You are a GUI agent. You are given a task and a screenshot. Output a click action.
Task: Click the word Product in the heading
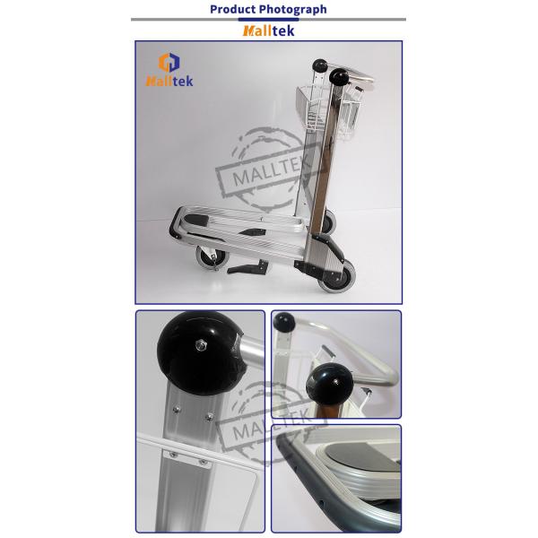(x=233, y=9)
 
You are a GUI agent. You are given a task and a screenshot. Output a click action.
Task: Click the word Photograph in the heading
(x=293, y=10)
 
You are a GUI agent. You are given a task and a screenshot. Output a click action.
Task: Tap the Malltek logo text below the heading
(x=268, y=30)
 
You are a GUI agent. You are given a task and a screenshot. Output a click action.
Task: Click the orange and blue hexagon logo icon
(x=169, y=63)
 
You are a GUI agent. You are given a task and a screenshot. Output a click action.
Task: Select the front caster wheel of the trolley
(x=212, y=257)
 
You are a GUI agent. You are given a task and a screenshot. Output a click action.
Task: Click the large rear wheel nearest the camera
(x=336, y=276)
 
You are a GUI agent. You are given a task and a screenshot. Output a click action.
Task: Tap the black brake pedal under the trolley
(x=247, y=267)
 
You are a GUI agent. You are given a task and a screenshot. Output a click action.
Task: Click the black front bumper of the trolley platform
(x=176, y=223)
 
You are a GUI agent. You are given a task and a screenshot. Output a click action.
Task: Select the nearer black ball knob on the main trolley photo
(x=339, y=77)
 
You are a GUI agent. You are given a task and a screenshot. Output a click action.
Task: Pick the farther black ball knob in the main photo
(x=320, y=65)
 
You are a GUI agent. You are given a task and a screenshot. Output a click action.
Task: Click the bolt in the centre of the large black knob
(x=201, y=345)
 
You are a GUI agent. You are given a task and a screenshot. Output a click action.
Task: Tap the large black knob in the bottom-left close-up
(x=201, y=353)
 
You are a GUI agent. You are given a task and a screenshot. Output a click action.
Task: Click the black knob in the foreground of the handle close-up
(x=329, y=384)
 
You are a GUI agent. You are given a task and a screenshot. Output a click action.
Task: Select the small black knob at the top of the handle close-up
(x=284, y=322)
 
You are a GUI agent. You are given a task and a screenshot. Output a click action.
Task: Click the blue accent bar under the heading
(x=268, y=20)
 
